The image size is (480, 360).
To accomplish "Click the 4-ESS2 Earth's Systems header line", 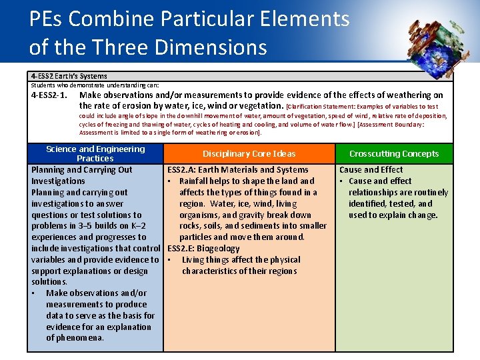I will click(69, 77).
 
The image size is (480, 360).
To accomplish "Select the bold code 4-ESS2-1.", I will click(49, 95).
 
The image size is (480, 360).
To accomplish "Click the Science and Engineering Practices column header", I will click(95, 153).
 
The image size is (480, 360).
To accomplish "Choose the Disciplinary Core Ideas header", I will click(249, 154).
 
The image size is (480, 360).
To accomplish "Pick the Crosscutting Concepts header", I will click(394, 154).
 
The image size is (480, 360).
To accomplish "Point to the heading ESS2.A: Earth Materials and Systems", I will click(238, 170).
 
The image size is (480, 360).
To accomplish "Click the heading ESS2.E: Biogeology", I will click(203, 249).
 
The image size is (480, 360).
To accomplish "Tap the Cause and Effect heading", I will click(371, 170).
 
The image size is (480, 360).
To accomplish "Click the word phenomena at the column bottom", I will click(75, 338).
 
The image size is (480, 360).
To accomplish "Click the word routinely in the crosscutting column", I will click(430, 193).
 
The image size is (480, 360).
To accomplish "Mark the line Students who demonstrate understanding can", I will click(95, 85).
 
